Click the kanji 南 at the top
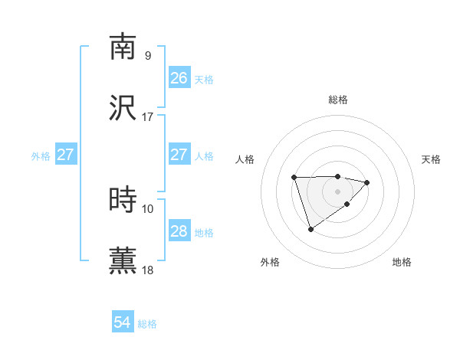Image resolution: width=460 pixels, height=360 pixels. (123, 47)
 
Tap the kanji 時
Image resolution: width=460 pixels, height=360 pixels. (123, 200)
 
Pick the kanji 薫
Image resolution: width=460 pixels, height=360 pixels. (123, 260)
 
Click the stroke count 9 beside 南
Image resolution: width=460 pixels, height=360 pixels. (147, 55)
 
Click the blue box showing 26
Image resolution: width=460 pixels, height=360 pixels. (179, 78)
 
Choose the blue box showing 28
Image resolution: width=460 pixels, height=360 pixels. (179, 231)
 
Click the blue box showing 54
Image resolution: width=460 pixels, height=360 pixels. (122, 323)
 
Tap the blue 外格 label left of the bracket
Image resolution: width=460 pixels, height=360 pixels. (41, 155)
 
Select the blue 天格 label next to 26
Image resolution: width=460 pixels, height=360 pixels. (204, 80)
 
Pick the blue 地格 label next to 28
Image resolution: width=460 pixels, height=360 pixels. (204, 233)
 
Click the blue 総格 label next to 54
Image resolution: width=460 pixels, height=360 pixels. (147, 325)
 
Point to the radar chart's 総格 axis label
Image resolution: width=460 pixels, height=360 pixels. (338, 100)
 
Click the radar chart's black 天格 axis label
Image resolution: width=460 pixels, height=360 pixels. (431, 159)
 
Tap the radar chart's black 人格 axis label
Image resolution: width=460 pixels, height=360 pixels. (245, 159)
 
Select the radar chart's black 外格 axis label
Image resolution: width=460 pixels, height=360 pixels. (270, 263)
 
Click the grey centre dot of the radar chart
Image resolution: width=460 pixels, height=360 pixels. (338, 191)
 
